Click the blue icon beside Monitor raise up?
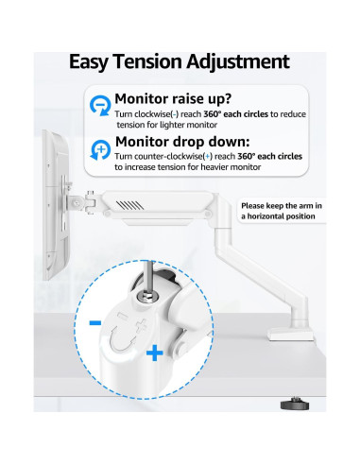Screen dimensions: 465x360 99,105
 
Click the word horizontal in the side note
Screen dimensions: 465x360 262,215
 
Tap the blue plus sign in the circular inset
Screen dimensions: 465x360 153,354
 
